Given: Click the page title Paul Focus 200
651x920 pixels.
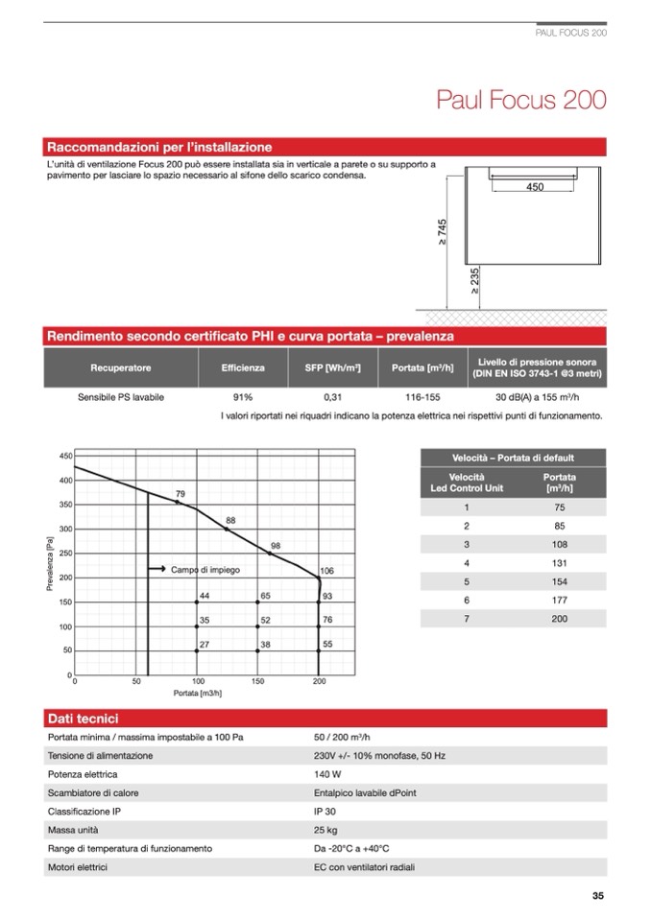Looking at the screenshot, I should tap(520, 100).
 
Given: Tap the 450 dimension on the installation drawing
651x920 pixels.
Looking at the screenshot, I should tap(535, 187).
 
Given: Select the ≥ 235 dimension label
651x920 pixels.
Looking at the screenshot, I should tap(473, 280).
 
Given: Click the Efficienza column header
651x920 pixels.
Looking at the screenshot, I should tap(242, 367).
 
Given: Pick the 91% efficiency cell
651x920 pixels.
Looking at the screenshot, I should tap(242, 397).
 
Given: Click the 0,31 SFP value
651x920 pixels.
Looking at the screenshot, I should tap(333, 397).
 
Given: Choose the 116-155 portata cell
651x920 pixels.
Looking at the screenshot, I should tap(422, 397).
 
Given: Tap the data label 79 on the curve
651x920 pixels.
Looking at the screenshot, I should tap(180, 494).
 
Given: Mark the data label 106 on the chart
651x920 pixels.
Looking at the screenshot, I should tap(326, 571).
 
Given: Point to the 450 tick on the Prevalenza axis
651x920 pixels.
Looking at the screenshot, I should tap(66, 456).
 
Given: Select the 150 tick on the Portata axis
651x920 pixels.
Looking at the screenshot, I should tap(257, 682).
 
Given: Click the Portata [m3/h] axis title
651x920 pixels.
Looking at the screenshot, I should tap(198, 693).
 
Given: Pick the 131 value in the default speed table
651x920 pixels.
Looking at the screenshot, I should tap(559, 562).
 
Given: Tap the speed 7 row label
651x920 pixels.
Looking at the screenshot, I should tap(467, 619).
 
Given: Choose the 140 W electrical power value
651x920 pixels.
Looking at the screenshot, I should tap(327, 773).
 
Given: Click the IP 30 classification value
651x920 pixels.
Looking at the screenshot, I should tap(325, 811).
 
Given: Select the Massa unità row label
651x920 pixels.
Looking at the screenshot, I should tap(73, 830).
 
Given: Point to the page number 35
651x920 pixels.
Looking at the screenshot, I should tap(597, 897).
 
